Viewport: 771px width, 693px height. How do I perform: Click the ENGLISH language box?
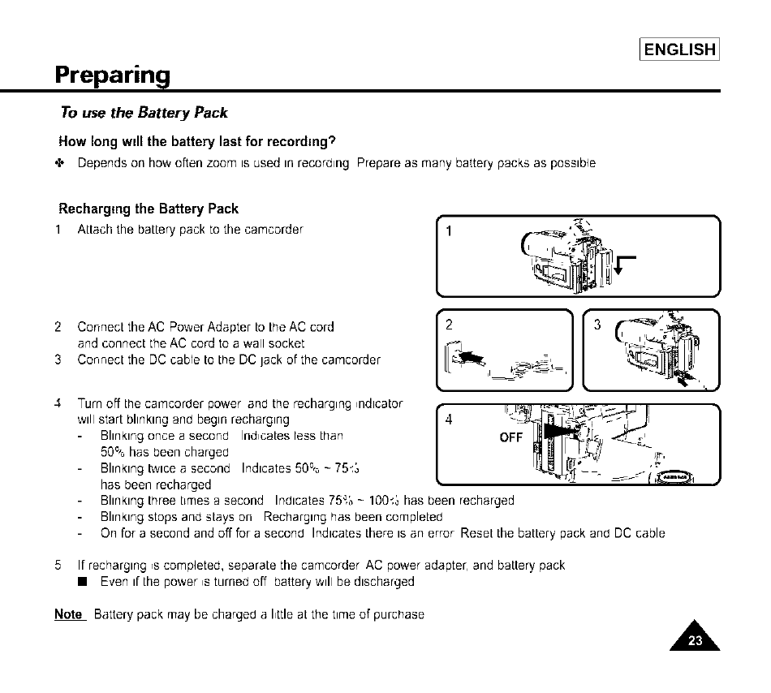point(680,49)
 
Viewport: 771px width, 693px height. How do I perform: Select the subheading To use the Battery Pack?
point(144,113)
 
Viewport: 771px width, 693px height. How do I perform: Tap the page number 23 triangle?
point(695,638)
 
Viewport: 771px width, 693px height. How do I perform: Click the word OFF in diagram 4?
point(510,437)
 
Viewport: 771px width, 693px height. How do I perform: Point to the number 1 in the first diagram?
point(448,231)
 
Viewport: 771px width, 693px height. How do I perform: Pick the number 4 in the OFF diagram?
point(449,420)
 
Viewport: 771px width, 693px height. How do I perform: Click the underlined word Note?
point(68,614)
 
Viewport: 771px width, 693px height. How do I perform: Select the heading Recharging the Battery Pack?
point(149,209)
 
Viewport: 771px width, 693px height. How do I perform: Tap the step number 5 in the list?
point(58,565)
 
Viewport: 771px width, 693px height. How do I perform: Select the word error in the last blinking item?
point(443,533)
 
